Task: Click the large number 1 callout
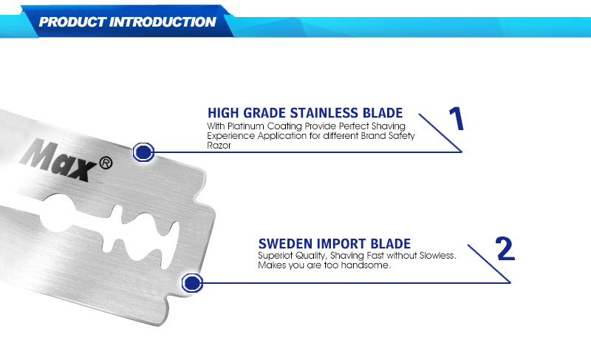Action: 457,118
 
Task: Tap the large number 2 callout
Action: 505,248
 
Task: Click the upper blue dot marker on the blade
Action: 143,152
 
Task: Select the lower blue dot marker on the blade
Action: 192,282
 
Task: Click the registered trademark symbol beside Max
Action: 106,163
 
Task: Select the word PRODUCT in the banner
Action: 72,22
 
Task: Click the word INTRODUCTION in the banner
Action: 163,22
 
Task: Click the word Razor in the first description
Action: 219,146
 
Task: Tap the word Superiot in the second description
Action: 273,256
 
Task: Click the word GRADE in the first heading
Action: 264,113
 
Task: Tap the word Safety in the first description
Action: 402,136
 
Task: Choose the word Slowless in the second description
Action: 437,256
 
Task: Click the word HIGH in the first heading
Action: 224,113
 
